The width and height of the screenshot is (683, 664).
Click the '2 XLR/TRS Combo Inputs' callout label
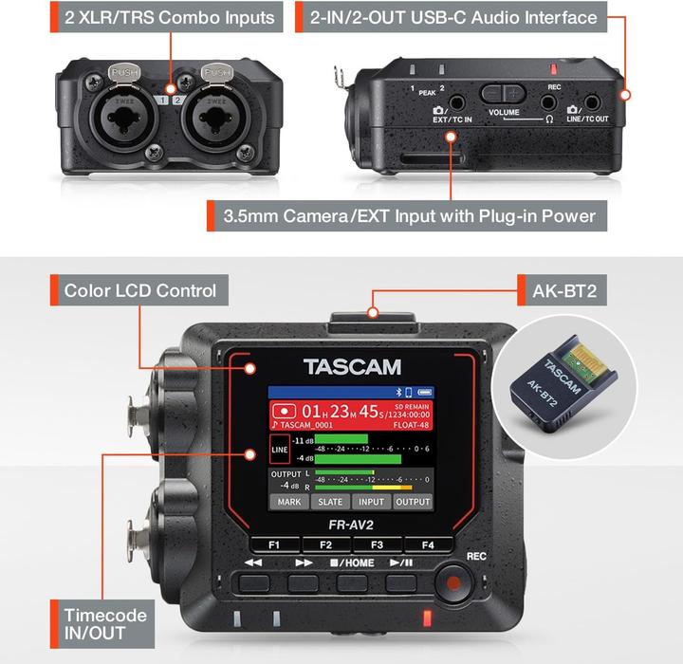tap(170, 17)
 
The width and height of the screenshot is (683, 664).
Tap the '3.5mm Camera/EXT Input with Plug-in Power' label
tap(409, 215)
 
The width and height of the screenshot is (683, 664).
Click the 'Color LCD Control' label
tap(140, 290)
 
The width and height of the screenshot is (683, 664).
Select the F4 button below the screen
tap(427, 545)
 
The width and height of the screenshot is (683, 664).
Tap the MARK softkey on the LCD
tap(290, 502)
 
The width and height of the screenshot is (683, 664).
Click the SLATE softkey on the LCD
tap(331, 502)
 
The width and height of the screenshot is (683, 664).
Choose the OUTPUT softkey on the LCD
tap(413, 502)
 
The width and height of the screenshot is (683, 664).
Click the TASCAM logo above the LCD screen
tap(352, 367)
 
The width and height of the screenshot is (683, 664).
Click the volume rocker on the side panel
tap(503, 93)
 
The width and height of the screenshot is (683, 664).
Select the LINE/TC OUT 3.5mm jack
tap(593, 102)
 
